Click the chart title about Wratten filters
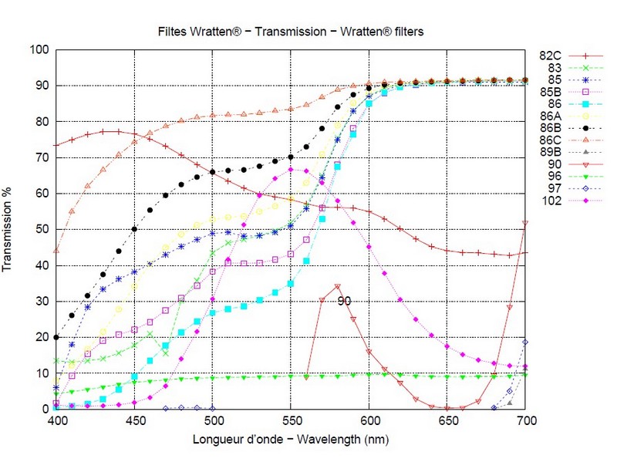click(290, 32)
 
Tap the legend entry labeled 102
click(552, 201)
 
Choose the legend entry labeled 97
click(552, 188)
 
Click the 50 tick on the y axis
click(43, 229)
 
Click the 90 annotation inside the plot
click(345, 301)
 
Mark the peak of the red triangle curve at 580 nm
click(337, 287)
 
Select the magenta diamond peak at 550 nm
click(291, 170)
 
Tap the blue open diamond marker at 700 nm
click(525, 342)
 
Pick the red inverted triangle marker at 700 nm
click(525, 223)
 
